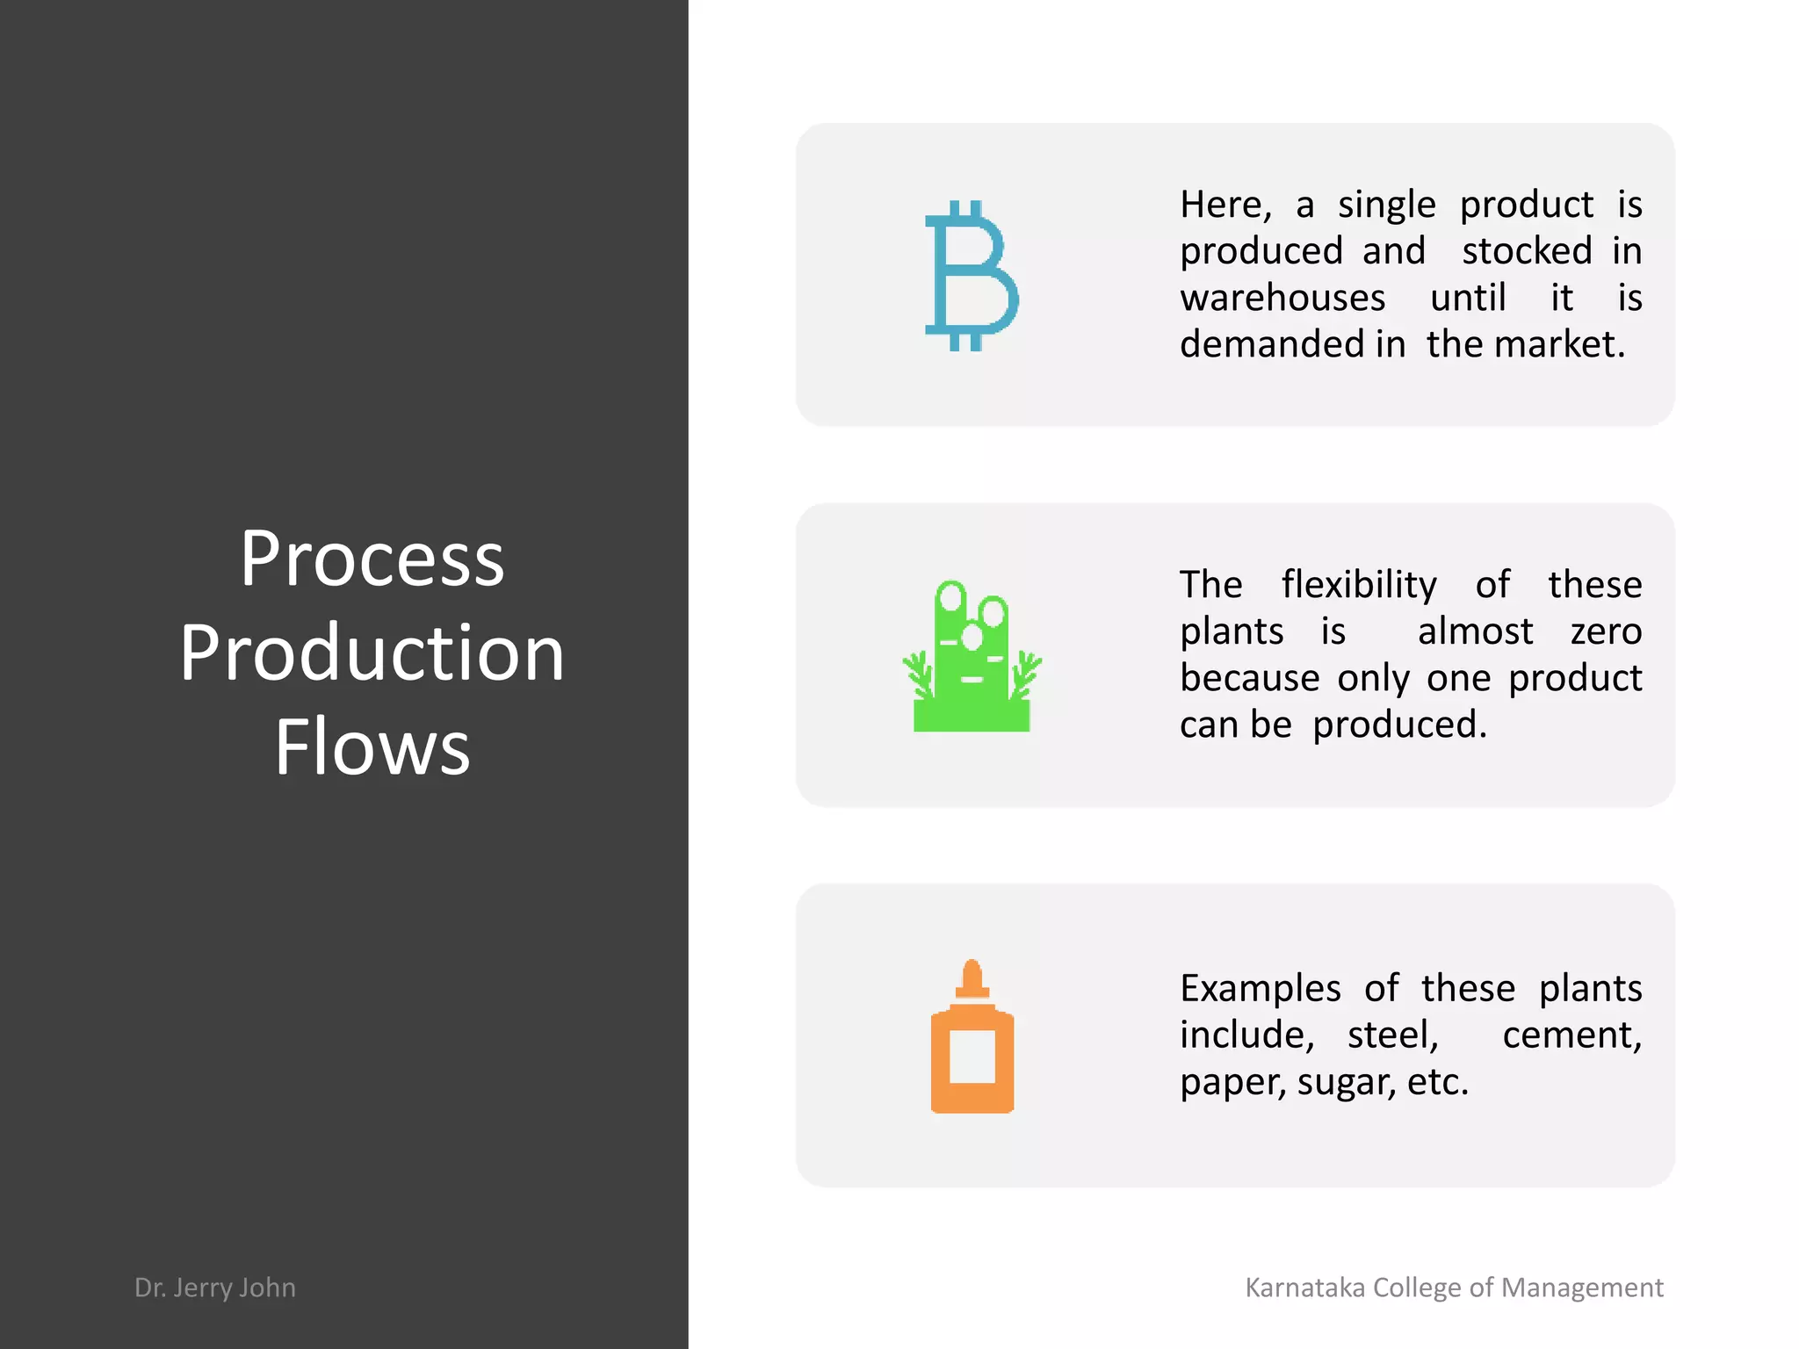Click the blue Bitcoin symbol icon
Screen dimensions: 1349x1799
point(972,276)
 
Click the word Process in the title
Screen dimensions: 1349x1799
point(372,559)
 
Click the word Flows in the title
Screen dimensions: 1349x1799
point(372,747)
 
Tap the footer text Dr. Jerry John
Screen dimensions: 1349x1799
point(215,1287)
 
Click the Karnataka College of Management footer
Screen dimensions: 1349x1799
point(1454,1287)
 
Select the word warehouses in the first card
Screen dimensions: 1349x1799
point(1282,298)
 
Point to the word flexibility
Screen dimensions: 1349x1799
point(1359,585)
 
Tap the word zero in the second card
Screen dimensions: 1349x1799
point(1606,631)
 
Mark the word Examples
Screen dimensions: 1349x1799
point(1261,989)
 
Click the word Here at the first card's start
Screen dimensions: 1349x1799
point(1225,206)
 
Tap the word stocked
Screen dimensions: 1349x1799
point(1527,251)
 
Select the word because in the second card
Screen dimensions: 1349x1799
point(1249,678)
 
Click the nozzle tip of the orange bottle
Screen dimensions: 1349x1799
point(972,969)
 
